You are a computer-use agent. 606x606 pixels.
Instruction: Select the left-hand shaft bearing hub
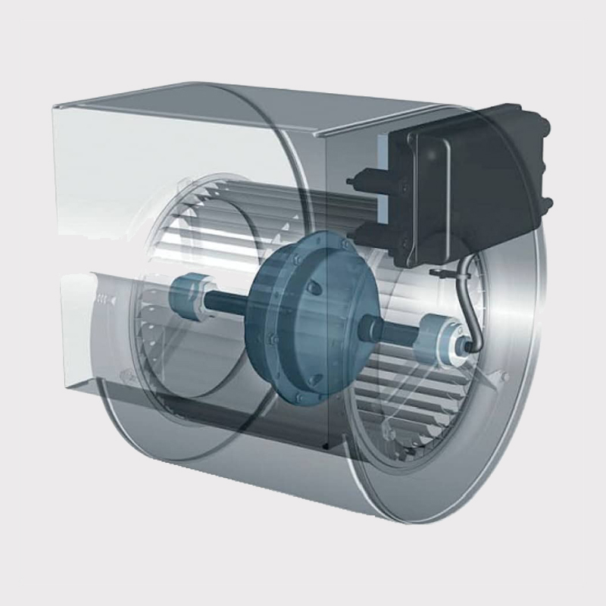click(186, 292)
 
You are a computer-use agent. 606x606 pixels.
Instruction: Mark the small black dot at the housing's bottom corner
click(325, 448)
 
